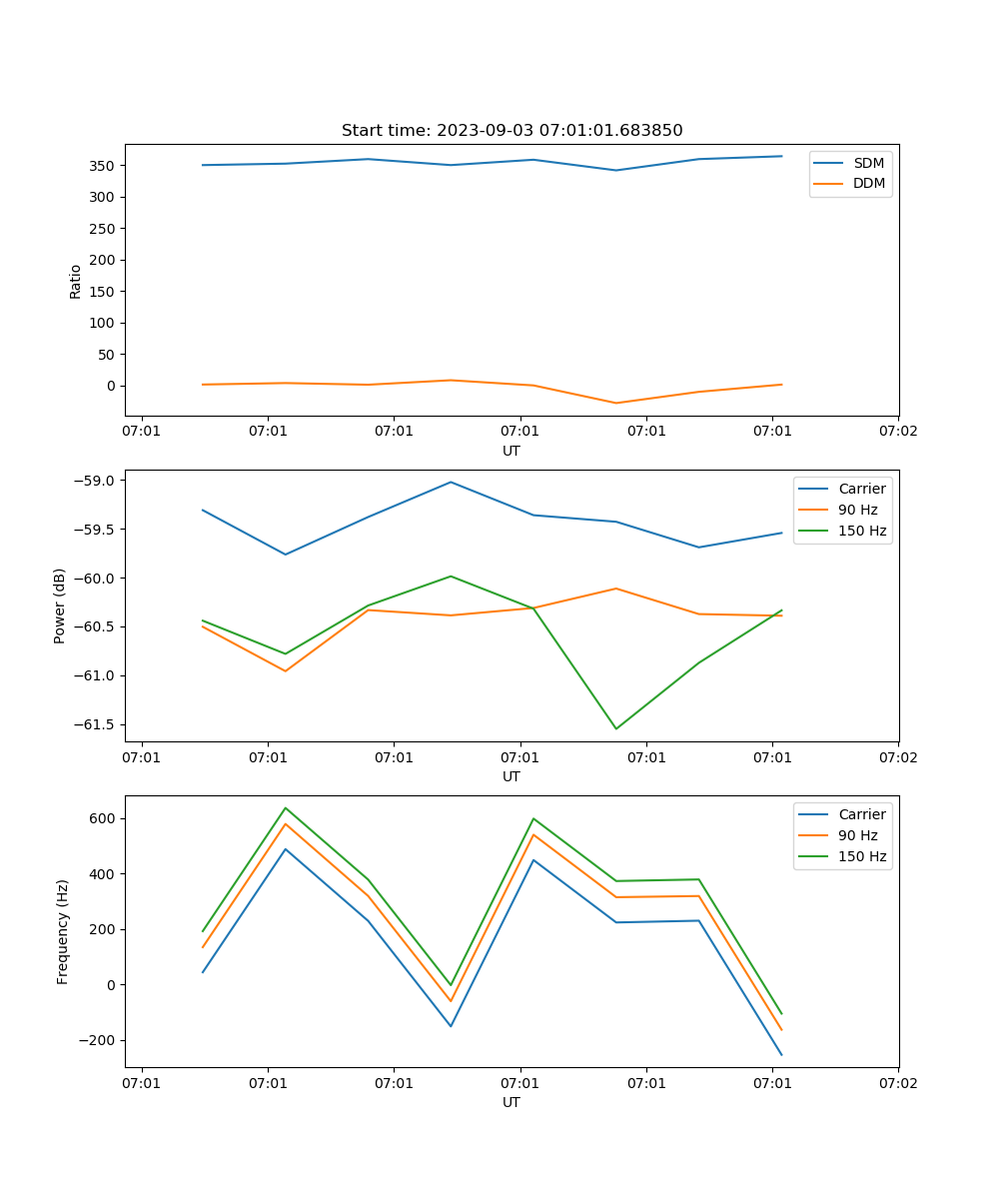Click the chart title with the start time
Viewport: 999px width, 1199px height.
click(511, 131)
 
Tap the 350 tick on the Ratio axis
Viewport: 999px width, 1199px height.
click(104, 166)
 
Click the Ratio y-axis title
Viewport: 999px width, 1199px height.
click(76, 282)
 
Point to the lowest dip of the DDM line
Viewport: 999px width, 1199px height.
click(615, 403)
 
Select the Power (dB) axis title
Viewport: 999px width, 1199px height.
click(61, 605)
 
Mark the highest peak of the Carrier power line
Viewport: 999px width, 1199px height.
click(451, 482)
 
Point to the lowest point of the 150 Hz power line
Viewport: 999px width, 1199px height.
click(615, 728)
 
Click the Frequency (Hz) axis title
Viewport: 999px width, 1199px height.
click(63, 931)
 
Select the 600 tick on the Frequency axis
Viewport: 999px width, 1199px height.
click(104, 818)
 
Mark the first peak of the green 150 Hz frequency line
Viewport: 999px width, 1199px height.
click(286, 807)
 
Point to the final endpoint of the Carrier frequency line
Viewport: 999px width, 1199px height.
click(781, 1054)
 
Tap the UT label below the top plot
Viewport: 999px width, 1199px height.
click(511, 451)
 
